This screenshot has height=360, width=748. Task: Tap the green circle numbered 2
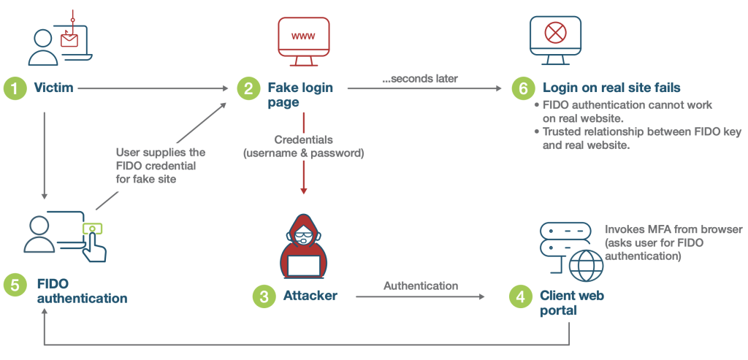coord(248,88)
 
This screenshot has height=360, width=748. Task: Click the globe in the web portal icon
coord(586,264)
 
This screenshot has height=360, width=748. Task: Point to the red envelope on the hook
coord(69,39)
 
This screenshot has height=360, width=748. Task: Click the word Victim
coord(53,88)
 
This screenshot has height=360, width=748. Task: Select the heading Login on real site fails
coord(611,88)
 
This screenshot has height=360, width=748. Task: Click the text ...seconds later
coord(420,78)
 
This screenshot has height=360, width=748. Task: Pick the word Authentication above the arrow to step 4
coord(421,286)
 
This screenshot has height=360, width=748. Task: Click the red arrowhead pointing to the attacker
coord(303,190)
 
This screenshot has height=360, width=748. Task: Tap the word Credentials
coord(303,139)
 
